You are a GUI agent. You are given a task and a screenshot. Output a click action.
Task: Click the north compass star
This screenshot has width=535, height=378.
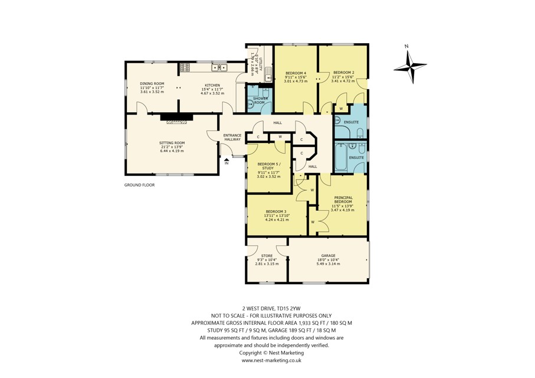click(411, 67)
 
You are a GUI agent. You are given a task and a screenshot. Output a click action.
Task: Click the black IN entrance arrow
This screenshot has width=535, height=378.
click(227, 159)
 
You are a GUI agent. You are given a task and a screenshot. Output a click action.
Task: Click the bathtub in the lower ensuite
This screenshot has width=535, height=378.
click(340, 157)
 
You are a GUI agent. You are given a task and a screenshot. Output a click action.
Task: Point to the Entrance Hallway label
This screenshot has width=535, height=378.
click(232, 138)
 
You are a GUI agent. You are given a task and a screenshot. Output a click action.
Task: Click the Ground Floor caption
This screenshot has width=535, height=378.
click(139, 185)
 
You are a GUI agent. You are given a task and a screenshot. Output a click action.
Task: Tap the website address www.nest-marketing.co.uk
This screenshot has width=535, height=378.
click(271, 360)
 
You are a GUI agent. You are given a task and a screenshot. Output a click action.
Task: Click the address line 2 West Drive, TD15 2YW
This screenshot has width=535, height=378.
click(271, 308)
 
